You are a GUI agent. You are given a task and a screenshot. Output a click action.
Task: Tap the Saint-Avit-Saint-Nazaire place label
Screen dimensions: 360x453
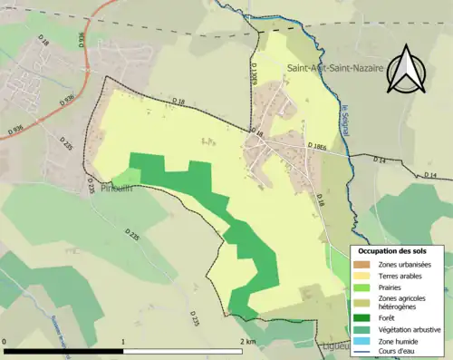(335, 69)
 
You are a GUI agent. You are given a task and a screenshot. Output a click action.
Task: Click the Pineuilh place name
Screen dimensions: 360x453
(117, 190)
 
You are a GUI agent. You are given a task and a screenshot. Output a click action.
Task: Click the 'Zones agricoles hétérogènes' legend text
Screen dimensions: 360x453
(403, 302)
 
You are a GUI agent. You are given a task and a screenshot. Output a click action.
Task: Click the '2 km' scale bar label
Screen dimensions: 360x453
(247, 342)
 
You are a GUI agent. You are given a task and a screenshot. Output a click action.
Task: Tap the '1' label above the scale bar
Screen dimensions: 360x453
(123, 342)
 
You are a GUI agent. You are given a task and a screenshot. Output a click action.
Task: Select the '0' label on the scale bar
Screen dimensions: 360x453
(5, 342)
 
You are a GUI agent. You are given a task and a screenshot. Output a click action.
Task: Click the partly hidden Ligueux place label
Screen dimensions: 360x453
(335, 345)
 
